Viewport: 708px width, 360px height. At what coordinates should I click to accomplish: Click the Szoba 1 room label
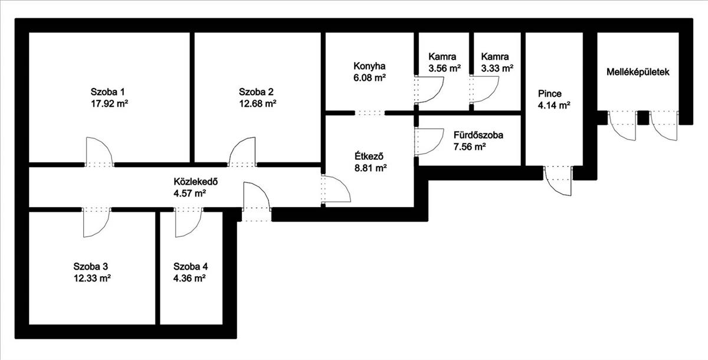coord(107,92)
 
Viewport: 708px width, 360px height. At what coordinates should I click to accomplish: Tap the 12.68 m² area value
coord(258,104)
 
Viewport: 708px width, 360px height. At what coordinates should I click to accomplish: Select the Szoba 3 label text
coord(91,266)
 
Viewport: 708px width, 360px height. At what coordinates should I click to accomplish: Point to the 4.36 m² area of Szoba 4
coord(189,278)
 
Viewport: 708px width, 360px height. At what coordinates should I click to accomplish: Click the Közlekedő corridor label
coord(196,182)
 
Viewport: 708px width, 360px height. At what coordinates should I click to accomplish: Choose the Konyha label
coord(369,66)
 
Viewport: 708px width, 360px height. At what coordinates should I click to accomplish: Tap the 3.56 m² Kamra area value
coord(444,68)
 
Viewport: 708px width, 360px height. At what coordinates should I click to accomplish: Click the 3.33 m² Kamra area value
coord(497,68)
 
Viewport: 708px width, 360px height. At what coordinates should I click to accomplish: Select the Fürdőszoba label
coord(478,135)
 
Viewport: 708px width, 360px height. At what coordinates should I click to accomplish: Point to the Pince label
coord(550,94)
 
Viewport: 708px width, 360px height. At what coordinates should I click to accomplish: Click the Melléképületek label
coord(638,72)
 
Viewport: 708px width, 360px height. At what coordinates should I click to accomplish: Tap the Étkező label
coord(369,156)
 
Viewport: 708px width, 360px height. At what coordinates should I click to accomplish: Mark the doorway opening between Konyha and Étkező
coord(369,113)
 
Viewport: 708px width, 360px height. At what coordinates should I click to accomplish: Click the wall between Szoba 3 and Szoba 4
coord(158,268)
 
